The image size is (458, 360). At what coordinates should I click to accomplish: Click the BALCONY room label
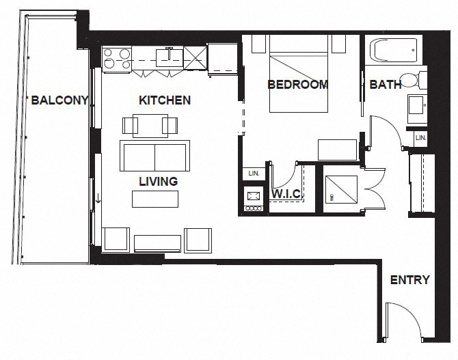click(59, 100)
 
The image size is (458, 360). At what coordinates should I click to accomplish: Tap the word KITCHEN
click(164, 100)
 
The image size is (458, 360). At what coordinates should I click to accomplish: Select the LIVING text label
click(158, 182)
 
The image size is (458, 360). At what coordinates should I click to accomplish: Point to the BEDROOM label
click(297, 85)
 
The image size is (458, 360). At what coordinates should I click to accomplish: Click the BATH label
click(386, 85)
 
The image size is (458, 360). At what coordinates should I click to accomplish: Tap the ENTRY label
click(409, 280)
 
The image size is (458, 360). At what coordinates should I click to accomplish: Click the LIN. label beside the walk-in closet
click(254, 174)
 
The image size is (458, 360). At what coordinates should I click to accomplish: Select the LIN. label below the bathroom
click(420, 138)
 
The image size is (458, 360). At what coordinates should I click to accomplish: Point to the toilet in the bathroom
click(412, 80)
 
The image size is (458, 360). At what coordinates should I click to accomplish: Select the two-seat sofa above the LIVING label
click(155, 156)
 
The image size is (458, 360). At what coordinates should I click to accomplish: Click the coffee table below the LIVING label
click(155, 199)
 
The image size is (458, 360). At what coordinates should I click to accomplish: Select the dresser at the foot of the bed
click(337, 150)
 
